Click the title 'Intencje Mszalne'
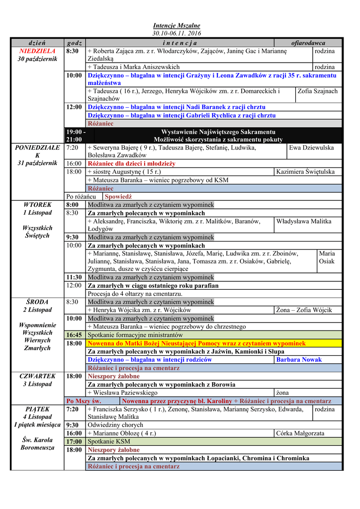coord(176,25)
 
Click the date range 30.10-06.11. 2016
coord(176,33)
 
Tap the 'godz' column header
coord(74,43)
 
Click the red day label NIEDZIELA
coord(38,51)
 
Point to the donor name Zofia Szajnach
coord(317,91)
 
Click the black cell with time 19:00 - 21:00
coord(75,136)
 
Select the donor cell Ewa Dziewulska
coord(311,148)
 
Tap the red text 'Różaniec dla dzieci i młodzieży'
coord(131,164)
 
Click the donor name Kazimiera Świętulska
coord(305,171)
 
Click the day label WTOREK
coord(38,204)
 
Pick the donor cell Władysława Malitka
coord(304,221)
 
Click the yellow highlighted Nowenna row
coord(196,343)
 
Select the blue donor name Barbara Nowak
coord(299,359)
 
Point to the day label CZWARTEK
coord(38,376)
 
